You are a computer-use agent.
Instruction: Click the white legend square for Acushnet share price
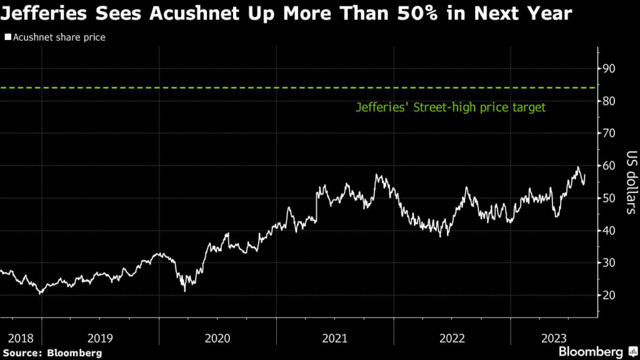[x=7, y=37]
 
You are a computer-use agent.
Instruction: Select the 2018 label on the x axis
[x=21, y=338]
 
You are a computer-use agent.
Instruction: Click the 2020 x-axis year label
[x=217, y=338]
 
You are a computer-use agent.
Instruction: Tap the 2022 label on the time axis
[x=451, y=338]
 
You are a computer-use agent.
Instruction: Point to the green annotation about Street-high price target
[x=451, y=107]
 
